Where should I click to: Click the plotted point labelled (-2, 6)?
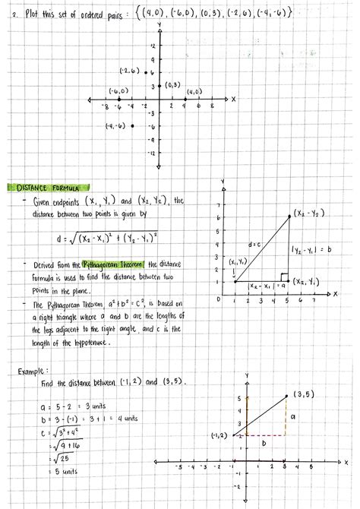point(147,72)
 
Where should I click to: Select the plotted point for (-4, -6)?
point(133,125)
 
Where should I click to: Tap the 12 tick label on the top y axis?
point(153,46)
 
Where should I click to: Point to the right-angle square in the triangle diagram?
point(283,277)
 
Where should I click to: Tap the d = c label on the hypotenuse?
point(254,245)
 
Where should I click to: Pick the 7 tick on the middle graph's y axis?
point(218,205)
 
